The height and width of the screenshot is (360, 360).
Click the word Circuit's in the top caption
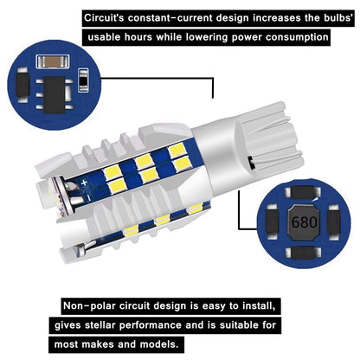(x=108, y=17)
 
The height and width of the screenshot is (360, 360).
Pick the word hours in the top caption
(x=148, y=38)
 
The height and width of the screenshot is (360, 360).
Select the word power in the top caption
(x=254, y=38)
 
